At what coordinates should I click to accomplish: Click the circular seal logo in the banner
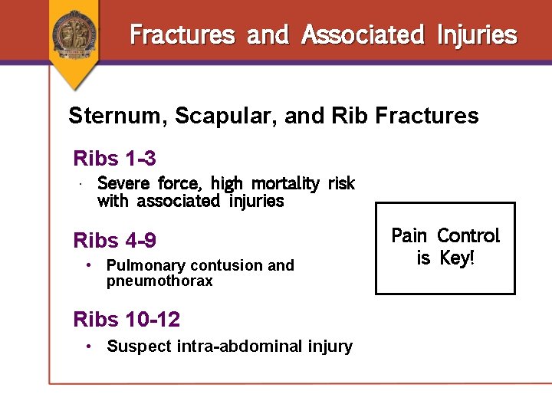coord(74,33)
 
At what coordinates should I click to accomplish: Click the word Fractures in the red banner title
coord(182,34)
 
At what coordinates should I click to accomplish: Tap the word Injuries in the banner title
coord(477,34)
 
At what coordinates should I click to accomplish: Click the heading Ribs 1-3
coord(115,159)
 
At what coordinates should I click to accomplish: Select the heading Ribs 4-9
coord(115,241)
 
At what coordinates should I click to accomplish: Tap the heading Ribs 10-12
coord(127,319)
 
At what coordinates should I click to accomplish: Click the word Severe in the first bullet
coord(125,183)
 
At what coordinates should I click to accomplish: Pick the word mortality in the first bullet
coord(285,183)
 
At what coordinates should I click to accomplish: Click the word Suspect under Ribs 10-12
coord(140,347)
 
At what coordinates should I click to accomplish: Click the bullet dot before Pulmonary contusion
coord(90,265)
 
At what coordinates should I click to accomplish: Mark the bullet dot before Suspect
coord(90,347)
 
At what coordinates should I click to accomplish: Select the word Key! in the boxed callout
coord(457,258)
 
